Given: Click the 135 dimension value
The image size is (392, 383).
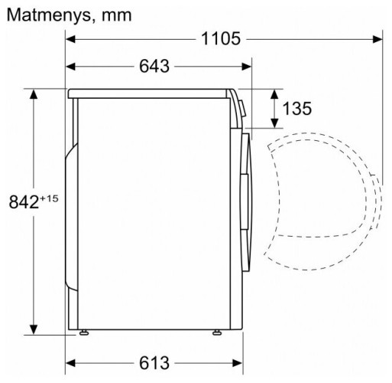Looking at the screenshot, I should coord(297,108).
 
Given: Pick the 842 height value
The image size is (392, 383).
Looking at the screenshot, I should coord(22,203).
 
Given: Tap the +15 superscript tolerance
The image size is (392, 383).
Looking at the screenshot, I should coord(49,198).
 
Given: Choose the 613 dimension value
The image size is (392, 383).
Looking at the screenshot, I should coord(154,362).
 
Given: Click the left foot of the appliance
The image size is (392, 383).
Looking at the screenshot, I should coord(82,333).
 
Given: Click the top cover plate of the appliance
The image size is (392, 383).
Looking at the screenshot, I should coord(149,93).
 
